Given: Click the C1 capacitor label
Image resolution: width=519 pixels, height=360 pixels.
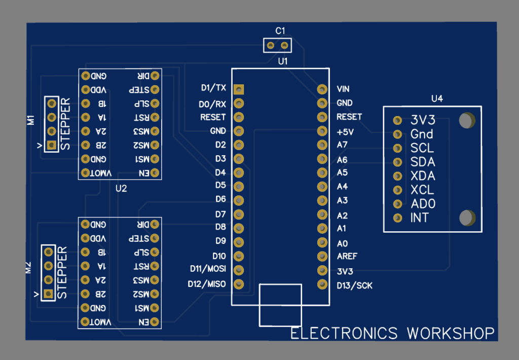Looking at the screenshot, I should (x=280, y=31).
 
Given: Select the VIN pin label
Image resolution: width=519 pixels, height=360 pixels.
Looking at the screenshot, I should (x=343, y=89).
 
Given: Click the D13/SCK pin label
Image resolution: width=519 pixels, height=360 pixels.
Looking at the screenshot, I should (x=354, y=285).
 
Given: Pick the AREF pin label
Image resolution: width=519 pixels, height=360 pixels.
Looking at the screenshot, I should (x=347, y=256).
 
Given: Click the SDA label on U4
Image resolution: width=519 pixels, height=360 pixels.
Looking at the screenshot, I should (x=423, y=162).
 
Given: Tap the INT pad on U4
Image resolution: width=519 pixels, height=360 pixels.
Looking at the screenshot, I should (x=398, y=218).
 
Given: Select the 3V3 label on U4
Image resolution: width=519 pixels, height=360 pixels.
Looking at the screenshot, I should (x=423, y=120).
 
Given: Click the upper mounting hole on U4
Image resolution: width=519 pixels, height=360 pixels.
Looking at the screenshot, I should (x=466, y=120).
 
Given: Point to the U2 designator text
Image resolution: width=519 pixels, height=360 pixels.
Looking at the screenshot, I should (x=121, y=188).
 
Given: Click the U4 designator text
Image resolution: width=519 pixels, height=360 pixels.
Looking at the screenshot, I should (x=437, y=99).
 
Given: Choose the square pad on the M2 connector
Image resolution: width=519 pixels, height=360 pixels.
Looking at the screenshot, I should (x=48, y=293).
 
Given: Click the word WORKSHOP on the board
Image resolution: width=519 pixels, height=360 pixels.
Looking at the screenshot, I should (x=451, y=333).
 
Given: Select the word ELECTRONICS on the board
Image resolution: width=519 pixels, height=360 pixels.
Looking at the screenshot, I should (x=344, y=333).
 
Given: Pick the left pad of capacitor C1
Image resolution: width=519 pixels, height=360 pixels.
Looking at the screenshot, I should (x=270, y=46).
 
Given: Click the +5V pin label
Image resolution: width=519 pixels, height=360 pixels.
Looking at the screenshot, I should (x=345, y=131).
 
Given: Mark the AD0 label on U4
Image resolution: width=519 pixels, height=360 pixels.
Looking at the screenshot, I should (x=423, y=204).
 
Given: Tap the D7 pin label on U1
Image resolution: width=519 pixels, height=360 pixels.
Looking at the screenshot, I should (x=220, y=214).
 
